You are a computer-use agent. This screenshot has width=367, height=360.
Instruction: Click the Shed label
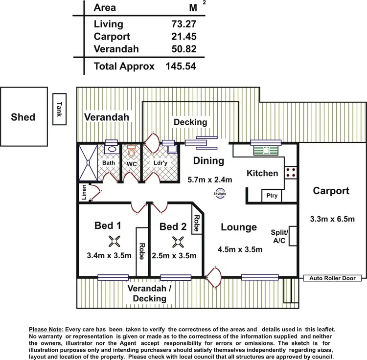coord(23,117)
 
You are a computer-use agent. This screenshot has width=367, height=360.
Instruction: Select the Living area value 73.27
coord(181,24)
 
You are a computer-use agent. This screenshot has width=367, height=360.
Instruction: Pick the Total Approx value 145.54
coord(181,66)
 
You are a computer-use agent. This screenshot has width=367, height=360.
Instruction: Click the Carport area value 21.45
coord(181,37)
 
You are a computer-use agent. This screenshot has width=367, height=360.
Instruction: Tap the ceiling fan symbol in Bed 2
coord(177,241)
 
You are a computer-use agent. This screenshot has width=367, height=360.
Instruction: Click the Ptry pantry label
coord(272,196)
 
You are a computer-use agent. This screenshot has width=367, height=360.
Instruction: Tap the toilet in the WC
coord(130,149)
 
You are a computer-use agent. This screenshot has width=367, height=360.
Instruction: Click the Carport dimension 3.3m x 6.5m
coord(333,219)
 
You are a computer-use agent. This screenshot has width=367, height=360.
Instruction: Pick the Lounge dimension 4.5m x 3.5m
coord(240,249)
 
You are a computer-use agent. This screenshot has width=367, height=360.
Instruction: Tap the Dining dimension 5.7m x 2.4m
coord(210,179)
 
